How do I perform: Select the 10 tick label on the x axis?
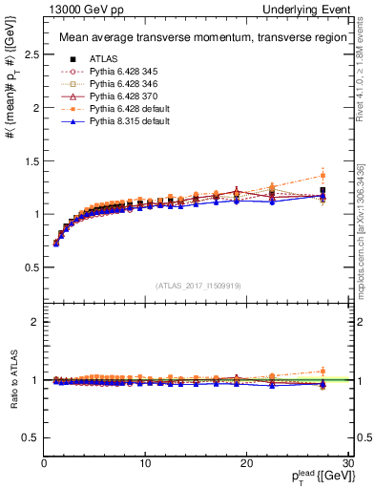[144, 463]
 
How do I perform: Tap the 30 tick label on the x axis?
[347, 463]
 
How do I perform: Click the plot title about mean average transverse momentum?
[195, 38]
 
